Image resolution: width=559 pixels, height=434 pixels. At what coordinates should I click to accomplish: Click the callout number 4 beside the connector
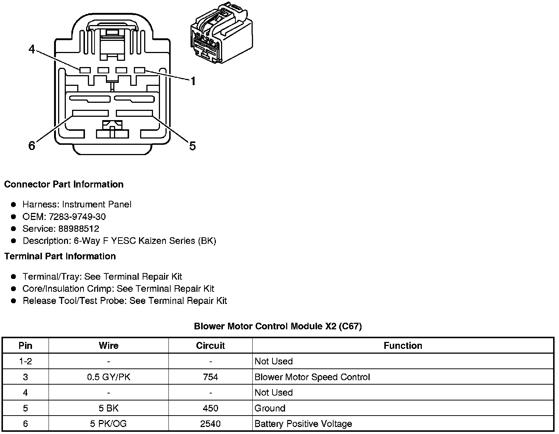pyautogui.click(x=32, y=49)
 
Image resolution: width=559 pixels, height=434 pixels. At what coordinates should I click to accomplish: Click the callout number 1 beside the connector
pyautogui.click(x=192, y=81)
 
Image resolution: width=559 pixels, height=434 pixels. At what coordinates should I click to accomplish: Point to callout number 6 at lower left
pyautogui.click(x=32, y=146)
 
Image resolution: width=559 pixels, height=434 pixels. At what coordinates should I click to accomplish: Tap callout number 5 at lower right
pyautogui.click(x=192, y=146)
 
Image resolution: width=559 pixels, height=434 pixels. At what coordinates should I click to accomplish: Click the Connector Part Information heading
pyautogui.click(x=64, y=184)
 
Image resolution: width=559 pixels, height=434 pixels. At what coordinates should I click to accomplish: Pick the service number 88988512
pyautogui.click(x=79, y=229)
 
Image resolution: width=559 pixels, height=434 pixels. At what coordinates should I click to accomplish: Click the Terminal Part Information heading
pyautogui.click(x=60, y=256)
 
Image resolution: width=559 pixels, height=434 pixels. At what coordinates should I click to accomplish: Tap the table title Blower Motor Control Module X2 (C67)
pyautogui.click(x=278, y=326)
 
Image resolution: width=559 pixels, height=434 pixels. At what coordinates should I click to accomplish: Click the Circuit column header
pyautogui.click(x=210, y=346)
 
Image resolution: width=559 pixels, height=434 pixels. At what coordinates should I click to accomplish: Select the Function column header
pyautogui.click(x=403, y=346)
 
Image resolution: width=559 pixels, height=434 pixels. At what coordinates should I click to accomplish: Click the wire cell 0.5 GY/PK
pyautogui.click(x=108, y=377)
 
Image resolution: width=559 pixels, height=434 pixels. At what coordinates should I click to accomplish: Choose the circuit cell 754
pyautogui.click(x=210, y=377)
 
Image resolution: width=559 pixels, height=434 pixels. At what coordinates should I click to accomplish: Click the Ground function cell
pyautogui.click(x=270, y=408)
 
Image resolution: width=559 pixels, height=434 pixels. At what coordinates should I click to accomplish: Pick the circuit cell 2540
pyautogui.click(x=210, y=424)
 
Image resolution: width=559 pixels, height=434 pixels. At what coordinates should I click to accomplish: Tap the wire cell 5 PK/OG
pyautogui.click(x=108, y=424)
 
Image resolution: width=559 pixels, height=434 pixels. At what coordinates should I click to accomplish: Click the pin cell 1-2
pyautogui.click(x=25, y=361)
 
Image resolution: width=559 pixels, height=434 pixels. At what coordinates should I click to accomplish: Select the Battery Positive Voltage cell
pyautogui.click(x=303, y=424)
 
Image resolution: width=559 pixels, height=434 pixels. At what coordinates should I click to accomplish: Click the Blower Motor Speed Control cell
pyautogui.click(x=312, y=377)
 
